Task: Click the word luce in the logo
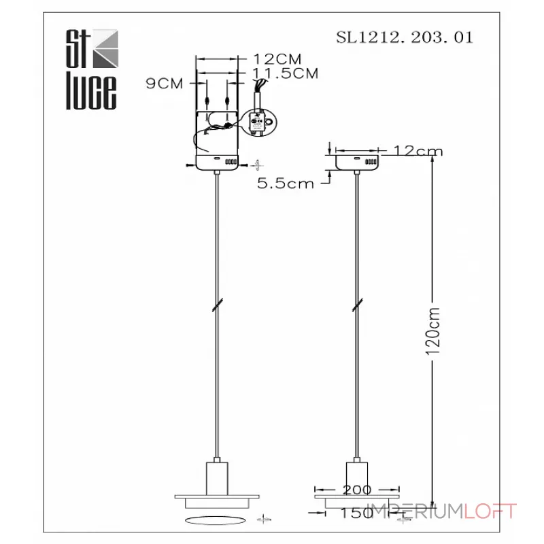[x=90, y=93]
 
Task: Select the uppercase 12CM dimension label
[x=276, y=59]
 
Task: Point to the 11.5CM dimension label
[x=285, y=73]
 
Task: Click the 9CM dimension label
[x=165, y=84]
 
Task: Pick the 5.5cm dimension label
[x=286, y=183]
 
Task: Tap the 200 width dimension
[x=357, y=489]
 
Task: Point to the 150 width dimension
[x=357, y=513]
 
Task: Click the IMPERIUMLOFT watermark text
[x=443, y=511]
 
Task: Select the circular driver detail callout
[x=256, y=124]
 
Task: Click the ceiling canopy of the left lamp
[x=217, y=163]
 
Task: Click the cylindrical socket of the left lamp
[x=217, y=474]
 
